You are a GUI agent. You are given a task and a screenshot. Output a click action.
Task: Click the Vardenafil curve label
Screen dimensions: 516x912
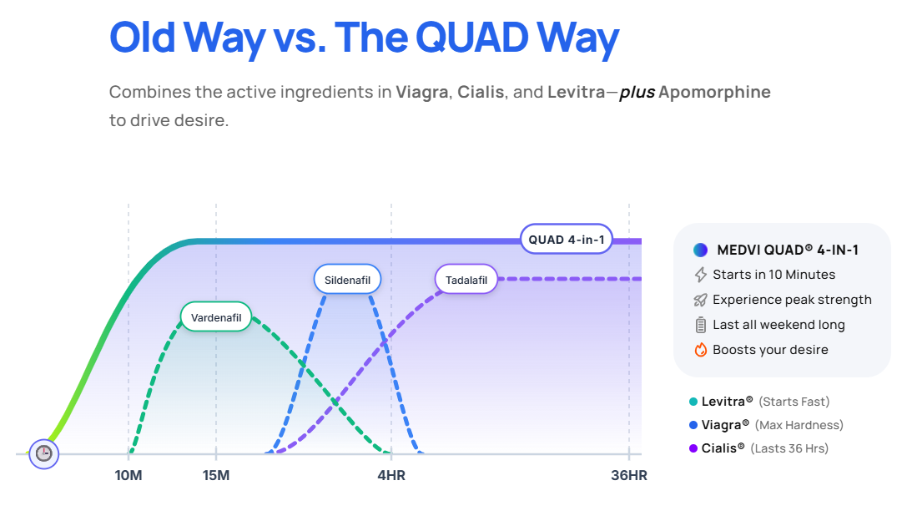[x=216, y=317]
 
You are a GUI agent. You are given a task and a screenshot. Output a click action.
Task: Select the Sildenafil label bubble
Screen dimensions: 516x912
[x=347, y=279]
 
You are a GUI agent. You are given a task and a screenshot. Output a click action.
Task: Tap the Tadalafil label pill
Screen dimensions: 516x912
[x=466, y=279]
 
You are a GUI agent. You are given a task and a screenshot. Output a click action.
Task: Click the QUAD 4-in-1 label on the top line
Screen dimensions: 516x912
[x=567, y=240]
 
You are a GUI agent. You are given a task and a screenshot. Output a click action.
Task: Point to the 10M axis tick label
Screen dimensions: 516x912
[x=128, y=476]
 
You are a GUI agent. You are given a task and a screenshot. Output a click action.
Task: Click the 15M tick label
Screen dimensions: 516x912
[x=216, y=476]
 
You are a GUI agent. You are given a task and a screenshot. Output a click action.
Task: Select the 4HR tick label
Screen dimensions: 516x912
[x=391, y=476]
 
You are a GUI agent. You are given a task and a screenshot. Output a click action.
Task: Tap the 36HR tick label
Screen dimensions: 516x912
[x=629, y=476]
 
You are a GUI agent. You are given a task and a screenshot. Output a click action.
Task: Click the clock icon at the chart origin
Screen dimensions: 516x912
[x=43, y=453]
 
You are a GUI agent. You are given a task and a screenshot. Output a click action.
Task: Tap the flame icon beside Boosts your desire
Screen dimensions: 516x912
[x=701, y=350]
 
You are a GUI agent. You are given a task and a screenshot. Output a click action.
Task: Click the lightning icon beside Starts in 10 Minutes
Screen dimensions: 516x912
[x=701, y=275]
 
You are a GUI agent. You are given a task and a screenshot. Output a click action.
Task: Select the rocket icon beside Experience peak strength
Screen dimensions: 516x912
[x=701, y=300]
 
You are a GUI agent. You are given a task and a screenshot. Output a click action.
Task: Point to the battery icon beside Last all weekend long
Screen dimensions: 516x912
[x=701, y=325]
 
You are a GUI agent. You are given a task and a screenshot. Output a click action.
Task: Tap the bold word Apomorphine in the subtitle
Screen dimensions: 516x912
[x=714, y=92]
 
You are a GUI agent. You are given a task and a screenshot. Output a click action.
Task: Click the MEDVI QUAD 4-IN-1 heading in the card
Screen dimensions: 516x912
[x=787, y=250]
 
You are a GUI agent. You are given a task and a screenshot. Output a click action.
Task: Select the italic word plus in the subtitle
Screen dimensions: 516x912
[x=637, y=92]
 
